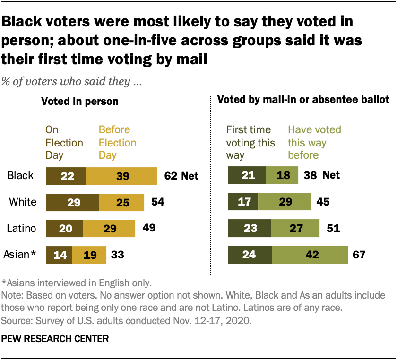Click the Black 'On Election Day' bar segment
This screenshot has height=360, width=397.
66,176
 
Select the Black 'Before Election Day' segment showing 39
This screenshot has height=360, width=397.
121,176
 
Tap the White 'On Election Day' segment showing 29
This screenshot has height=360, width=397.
72,202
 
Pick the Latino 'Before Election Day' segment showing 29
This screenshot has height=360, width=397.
109,229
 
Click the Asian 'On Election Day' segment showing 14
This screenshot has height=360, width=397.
59,255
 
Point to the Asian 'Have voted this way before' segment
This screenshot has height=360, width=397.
310,255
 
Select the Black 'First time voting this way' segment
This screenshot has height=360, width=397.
247,176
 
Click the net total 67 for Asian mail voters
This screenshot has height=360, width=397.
359,255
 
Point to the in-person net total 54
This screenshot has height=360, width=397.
157,202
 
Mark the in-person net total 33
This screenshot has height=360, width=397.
117,255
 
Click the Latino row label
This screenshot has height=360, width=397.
22,229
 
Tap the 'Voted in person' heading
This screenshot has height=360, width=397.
80,101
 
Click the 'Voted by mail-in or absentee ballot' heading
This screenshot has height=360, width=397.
302,100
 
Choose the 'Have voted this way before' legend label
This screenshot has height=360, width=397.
314,142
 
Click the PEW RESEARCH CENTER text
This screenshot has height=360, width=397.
55,339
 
